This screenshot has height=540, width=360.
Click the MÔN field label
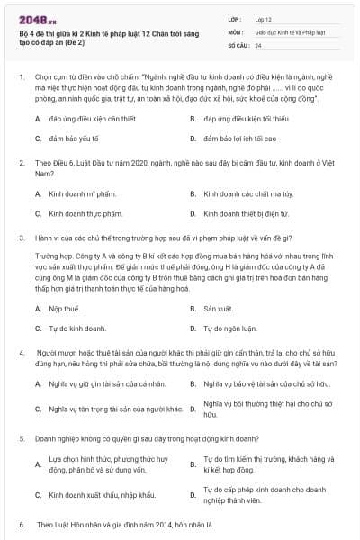click(x=234, y=31)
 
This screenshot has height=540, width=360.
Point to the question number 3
click(x=21, y=238)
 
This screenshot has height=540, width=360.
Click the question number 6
click(x=21, y=523)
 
